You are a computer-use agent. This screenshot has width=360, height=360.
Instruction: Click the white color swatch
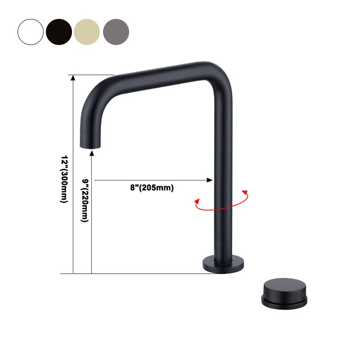31,31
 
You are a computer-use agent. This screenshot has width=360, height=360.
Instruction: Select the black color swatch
59,31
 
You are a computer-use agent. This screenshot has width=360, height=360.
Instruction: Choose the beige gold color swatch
87,31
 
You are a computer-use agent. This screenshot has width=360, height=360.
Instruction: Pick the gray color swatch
116,31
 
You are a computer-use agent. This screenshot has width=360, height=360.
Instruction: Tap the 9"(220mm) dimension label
85,200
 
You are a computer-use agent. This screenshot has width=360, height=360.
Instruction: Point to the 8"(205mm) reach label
148,188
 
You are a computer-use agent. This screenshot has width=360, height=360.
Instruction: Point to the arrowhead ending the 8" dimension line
210,180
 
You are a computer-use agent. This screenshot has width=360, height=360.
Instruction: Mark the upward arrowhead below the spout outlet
92,155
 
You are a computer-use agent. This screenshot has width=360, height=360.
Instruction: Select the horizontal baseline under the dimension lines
135,274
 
